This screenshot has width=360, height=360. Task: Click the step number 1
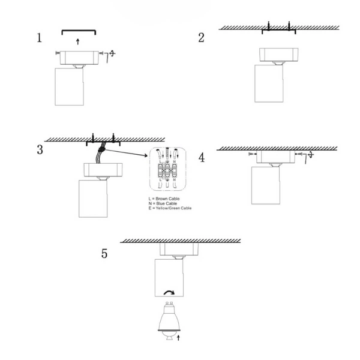click(40, 38)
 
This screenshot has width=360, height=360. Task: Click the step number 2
click(202, 38)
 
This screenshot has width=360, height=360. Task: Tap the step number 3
click(40, 149)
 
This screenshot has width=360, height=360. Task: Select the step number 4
click(202, 158)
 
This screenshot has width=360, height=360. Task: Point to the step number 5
click(104, 254)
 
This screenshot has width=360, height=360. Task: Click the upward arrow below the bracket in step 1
click(78, 42)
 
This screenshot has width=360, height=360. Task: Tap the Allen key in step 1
click(107, 57)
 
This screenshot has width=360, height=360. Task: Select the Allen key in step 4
click(305, 158)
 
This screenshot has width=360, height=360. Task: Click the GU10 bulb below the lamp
click(169, 321)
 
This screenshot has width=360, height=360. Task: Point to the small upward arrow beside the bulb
click(179, 338)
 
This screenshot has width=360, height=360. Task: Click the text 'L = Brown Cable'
click(164, 199)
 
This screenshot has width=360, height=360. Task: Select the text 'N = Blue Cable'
click(163, 203)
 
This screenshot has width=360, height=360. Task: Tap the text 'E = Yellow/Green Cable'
click(170, 208)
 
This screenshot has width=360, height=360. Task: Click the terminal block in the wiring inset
click(167, 171)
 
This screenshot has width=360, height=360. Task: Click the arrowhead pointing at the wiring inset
click(146, 155)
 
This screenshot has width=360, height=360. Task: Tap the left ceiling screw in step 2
click(269, 26)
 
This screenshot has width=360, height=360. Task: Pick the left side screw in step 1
click(58, 53)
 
